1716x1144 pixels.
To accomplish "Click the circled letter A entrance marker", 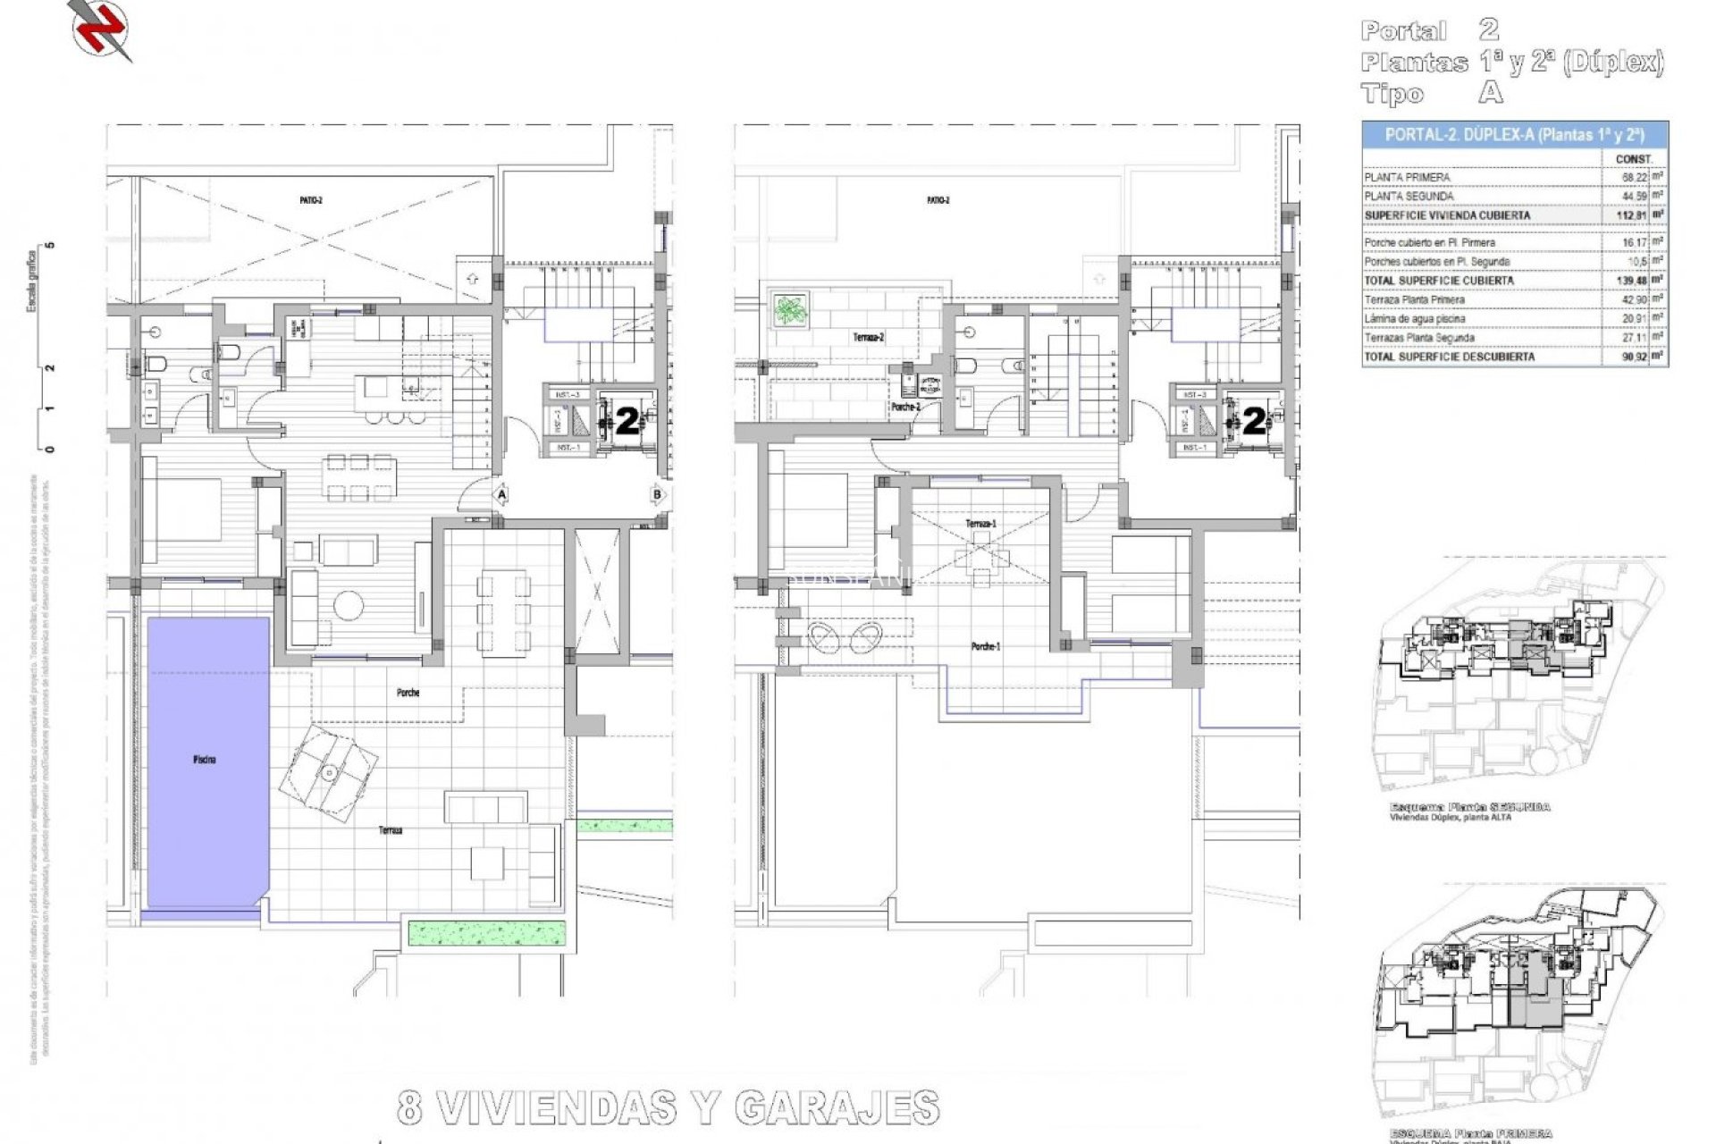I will click(x=501, y=494).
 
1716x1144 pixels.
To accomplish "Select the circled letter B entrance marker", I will click(x=658, y=494).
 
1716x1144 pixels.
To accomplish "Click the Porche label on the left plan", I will click(x=408, y=693).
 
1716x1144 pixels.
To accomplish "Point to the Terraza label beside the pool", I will click(x=390, y=830).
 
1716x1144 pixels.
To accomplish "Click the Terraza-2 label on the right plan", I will click(x=868, y=338).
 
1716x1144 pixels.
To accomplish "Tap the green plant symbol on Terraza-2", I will click(x=789, y=310).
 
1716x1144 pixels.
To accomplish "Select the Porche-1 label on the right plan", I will click(x=985, y=646).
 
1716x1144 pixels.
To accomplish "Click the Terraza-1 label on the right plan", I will click(x=980, y=524).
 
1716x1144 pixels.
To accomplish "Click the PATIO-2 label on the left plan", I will click(x=311, y=201).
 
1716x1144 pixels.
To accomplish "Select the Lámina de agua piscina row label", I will click(x=1414, y=319).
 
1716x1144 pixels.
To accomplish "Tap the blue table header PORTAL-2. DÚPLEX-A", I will click(x=1514, y=135).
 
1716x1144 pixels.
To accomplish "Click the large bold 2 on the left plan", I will click(x=627, y=420).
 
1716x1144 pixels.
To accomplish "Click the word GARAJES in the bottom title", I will click(x=837, y=1108).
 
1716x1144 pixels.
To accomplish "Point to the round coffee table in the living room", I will click(x=348, y=606).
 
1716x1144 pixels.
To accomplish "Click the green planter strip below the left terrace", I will click(x=487, y=933).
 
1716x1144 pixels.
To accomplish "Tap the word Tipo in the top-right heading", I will click(x=1392, y=93).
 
